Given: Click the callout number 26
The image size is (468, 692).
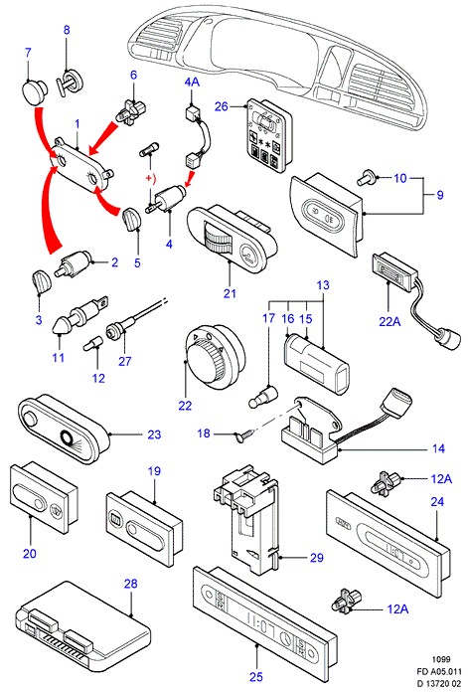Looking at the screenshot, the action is [222, 106].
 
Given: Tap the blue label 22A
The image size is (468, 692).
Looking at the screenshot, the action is [390, 322].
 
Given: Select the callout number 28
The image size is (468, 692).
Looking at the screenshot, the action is [130, 584].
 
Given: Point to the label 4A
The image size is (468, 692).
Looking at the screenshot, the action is [192, 82].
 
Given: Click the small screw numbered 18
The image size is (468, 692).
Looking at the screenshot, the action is [243, 436].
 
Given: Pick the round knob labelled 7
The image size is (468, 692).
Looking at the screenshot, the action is [34, 91].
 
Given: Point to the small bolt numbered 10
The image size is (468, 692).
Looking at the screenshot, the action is [367, 177].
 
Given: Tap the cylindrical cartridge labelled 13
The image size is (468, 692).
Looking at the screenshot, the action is [316, 364].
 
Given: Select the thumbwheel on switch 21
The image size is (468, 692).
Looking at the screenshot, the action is [220, 239].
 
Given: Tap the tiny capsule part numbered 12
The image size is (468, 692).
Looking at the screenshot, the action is [92, 343].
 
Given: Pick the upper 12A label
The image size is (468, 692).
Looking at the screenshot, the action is [441, 478].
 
